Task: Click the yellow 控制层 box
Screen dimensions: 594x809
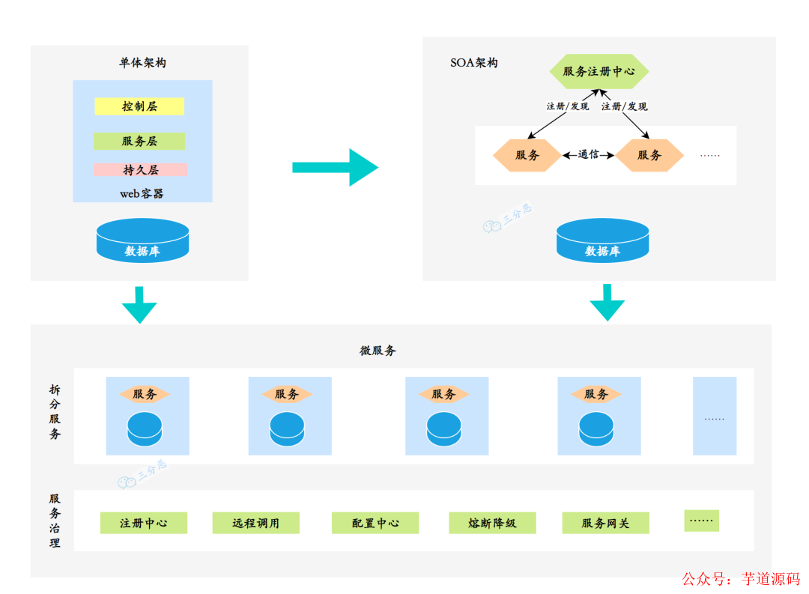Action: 139,106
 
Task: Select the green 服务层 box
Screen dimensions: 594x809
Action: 139,141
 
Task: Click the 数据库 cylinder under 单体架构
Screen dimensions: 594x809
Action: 142,241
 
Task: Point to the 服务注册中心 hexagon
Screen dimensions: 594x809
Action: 599,71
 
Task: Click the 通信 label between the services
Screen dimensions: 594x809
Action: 588,155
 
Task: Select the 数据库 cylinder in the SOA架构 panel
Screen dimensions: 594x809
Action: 602,241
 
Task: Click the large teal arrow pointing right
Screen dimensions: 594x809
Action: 334,167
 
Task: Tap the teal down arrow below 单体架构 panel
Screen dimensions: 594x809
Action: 139,304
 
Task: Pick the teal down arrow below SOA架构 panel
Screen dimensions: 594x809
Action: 607,302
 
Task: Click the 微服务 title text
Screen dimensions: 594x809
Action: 378,351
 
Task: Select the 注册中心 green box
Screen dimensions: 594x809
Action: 144,523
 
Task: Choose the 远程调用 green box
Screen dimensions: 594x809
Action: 256,523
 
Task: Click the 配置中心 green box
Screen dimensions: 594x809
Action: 375,523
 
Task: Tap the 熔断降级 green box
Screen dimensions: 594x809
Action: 492,523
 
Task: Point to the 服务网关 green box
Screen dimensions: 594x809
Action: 606,523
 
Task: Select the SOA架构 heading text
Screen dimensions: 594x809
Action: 473,63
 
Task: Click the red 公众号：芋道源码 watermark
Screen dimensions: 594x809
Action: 740,579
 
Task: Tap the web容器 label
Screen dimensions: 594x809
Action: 142,193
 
